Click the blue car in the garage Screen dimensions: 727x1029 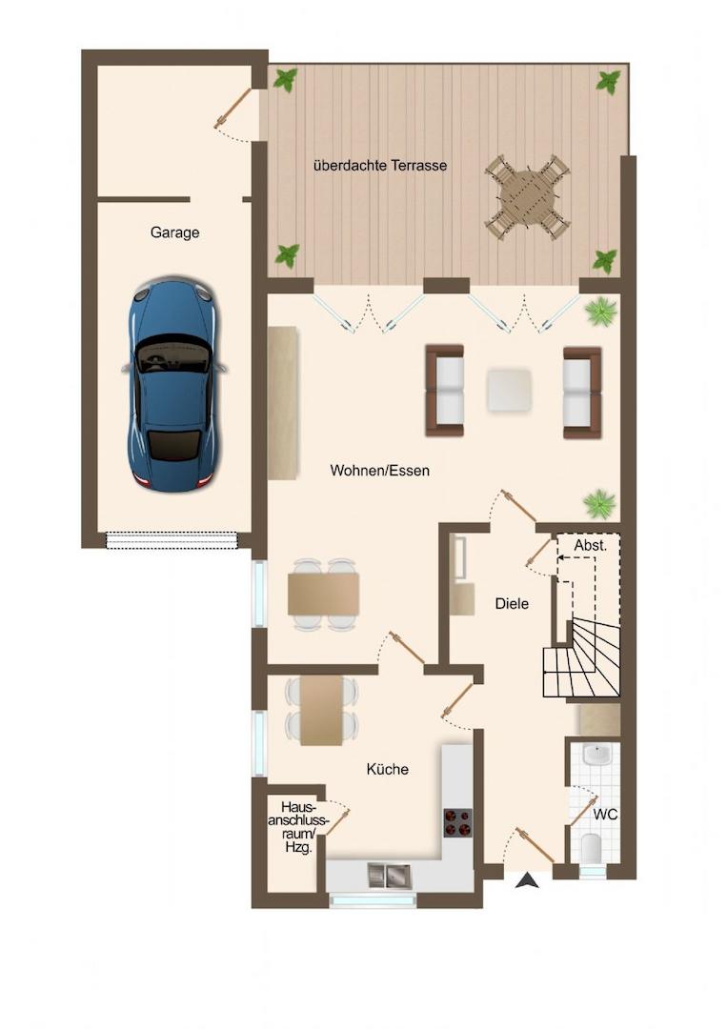173,385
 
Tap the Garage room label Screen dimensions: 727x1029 174,232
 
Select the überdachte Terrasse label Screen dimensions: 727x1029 380,166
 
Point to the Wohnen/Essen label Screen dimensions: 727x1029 380,470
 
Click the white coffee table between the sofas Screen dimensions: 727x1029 509,390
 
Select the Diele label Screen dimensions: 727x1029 512,603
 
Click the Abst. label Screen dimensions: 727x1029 591,545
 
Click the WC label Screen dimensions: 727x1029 605,815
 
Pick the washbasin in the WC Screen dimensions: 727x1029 598,755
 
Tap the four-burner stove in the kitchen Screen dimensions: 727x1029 458,822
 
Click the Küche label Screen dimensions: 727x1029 387,769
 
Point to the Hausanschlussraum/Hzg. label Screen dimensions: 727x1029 298,826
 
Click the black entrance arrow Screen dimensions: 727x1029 527,880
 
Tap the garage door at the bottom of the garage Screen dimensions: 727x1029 172,539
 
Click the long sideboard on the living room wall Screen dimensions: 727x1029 283,402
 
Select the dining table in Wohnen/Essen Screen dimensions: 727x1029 323,594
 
